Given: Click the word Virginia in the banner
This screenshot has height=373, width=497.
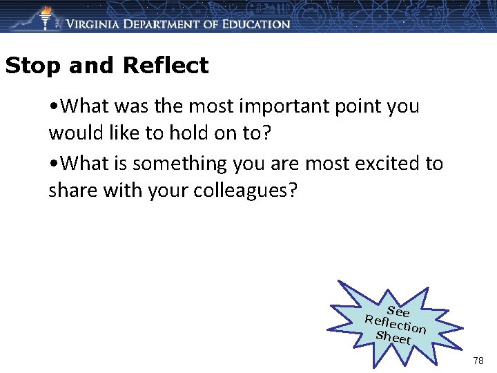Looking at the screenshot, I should (96, 23).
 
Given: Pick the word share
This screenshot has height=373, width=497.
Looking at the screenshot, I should (72, 190).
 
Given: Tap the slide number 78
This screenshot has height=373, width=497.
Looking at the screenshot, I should (478, 361).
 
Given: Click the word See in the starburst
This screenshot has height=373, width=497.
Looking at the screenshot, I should (398, 312).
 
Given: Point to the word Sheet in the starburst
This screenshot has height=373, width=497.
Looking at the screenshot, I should (393, 337).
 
